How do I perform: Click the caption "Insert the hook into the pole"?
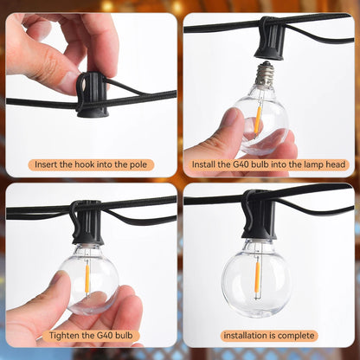[x=91, y=164]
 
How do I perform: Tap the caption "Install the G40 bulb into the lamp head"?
[x=269, y=164]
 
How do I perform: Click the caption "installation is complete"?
[x=269, y=336]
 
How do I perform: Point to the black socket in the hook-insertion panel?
[x=91, y=94]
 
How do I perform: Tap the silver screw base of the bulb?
[x=265, y=74]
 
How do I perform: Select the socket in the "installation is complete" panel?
[x=258, y=216]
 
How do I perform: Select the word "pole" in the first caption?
[x=142, y=164]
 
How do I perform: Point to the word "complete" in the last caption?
[x=295, y=336]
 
